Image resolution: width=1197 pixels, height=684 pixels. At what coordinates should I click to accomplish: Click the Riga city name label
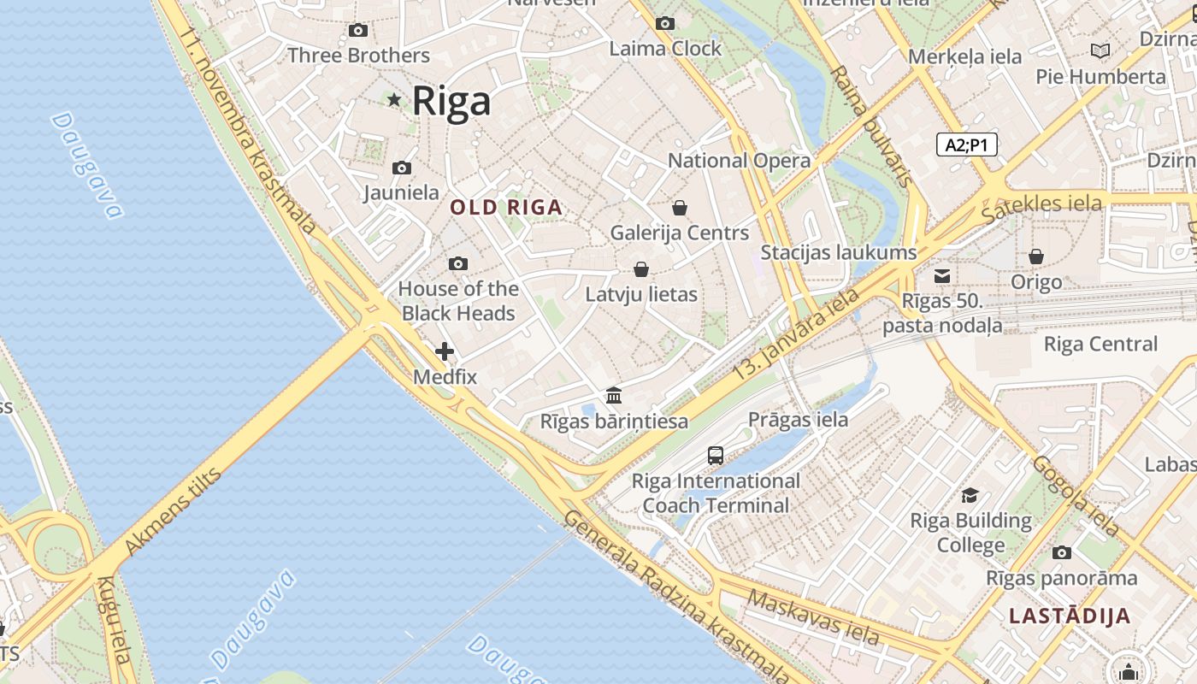pyautogui.click(x=451, y=101)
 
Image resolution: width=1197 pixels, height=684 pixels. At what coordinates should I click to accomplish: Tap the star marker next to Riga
pyautogui.click(x=394, y=100)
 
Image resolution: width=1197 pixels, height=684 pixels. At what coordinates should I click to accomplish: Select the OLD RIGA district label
pyautogui.click(x=506, y=207)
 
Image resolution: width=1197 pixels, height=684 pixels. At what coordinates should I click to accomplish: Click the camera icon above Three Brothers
pyautogui.click(x=358, y=31)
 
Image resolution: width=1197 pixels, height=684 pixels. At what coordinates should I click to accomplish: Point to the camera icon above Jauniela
pyautogui.click(x=402, y=168)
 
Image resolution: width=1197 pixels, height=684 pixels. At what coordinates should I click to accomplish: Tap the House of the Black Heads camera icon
pyautogui.click(x=458, y=263)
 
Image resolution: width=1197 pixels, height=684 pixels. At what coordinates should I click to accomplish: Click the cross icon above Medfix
pyautogui.click(x=445, y=351)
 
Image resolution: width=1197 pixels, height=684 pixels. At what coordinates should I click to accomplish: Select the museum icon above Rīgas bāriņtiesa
pyautogui.click(x=614, y=395)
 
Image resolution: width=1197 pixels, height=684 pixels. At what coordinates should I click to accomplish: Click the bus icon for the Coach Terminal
pyautogui.click(x=716, y=456)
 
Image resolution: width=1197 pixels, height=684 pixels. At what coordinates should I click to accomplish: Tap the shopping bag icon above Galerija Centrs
pyautogui.click(x=680, y=207)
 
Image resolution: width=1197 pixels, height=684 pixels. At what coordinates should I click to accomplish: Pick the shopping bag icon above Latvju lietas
pyautogui.click(x=641, y=269)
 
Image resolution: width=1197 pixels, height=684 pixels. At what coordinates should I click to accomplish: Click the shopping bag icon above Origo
pyautogui.click(x=1036, y=256)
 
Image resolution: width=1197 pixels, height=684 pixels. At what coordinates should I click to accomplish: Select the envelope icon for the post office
pyautogui.click(x=942, y=275)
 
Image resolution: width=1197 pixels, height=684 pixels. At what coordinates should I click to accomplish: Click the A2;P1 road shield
pyautogui.click(x=966, y=144)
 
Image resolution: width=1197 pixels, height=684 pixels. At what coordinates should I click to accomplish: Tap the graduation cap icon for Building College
pyautogui.click(x=970, y=495)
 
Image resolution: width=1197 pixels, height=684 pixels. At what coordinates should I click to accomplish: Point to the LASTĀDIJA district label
pyautogui.click(x=1069, y=616)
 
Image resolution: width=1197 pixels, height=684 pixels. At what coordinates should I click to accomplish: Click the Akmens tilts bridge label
pyautogui.click(x=174, y=510)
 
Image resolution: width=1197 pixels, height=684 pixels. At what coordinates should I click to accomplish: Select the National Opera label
pyautogui.click(x=739, y=161)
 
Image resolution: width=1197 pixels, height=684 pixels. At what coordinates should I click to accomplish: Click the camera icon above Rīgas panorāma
pyautogui.click(x=1062, y=552)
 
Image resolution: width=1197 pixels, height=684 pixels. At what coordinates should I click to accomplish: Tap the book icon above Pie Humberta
pyautogui.click(x=1100, y=51)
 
